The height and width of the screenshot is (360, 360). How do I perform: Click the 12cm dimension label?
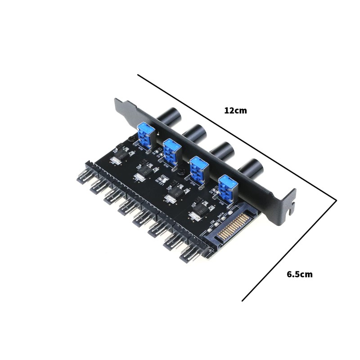click(x=235, y=110)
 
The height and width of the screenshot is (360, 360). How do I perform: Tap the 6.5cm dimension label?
click(x=299, y=274)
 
